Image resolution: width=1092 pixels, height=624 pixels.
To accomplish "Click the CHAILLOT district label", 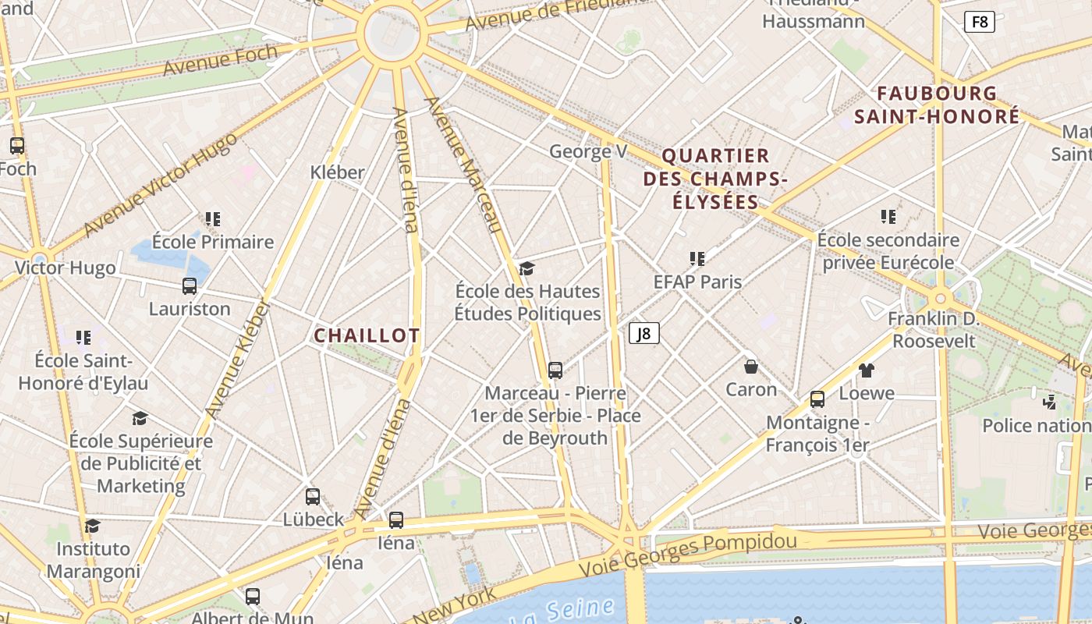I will tap(367, 335).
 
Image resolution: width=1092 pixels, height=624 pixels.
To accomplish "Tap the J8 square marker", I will tap(644, 333).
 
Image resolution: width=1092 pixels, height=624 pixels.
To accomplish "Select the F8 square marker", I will tap(980, 22).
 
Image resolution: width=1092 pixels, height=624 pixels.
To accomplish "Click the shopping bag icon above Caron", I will tap(751, 366).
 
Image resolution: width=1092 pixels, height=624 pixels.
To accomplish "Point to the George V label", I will tap(588, 151).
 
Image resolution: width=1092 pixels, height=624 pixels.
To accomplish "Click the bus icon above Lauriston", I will tap(190, 285).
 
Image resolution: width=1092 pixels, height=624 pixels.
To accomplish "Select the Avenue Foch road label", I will tap(220, 60).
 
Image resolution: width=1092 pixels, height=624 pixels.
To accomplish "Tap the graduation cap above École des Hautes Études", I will tap(527, 268).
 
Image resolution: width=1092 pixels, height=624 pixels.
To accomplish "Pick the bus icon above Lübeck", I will tap(313, 496).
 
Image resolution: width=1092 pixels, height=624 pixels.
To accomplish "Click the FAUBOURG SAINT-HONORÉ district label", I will tap(937, 105).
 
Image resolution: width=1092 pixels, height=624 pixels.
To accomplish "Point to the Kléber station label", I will tap(337, 172).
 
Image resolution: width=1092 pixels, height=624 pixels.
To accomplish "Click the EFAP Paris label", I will tap(697, 282).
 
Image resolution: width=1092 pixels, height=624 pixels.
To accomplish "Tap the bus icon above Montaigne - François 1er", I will tap(817, 399).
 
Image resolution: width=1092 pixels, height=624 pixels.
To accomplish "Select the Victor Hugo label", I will tap(66, 268).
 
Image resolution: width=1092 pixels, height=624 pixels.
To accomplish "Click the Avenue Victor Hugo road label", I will tap(160, 186).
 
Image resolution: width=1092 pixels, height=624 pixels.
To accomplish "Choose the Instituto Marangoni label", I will tap(94, 560).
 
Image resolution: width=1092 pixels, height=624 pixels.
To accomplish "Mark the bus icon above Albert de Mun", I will tap(253, 597).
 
